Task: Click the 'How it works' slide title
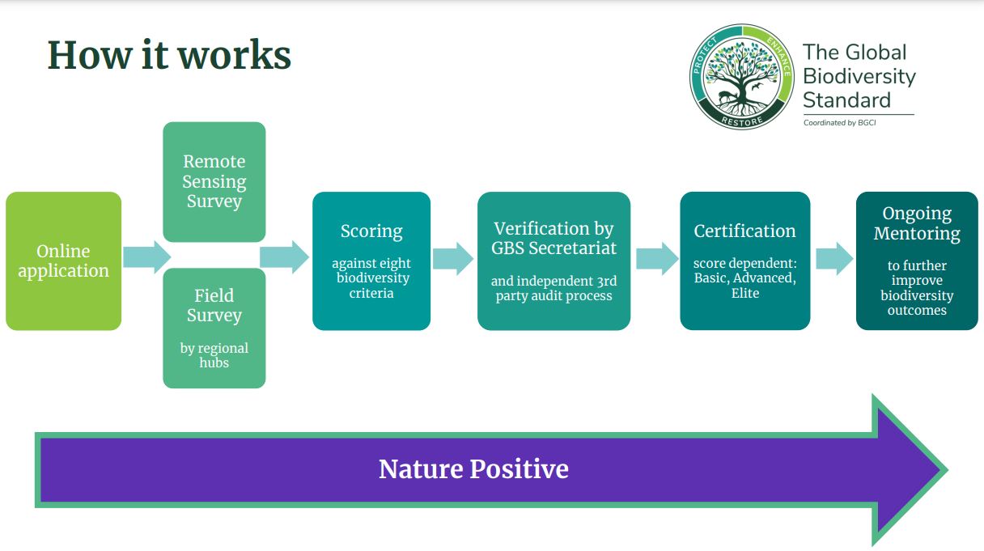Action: [x=169, y=55]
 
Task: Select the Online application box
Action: [x=64, y=261]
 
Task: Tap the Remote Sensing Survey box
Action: [x=214, y=181]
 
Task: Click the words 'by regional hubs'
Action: [x=214, y=355]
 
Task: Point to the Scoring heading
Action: [x=371, y=231]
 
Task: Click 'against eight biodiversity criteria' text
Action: [x=371, y=278]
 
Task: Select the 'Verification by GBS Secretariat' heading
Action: [x=554, y=238]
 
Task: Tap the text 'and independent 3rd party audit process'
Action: [x=554, y=288]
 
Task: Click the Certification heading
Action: [x=745, y=231]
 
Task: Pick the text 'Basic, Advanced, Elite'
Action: [x=745, y=285]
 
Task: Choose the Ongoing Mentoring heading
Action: [x=917, y=223]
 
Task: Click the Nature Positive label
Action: [x=473, y=468]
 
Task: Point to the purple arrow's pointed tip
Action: [x=948, y=470]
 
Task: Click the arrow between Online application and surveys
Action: [x=146, y=257]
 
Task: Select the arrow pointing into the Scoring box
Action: [x=284, y=257]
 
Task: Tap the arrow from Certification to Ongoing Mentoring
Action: [x=834, y=259]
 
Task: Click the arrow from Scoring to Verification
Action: [x=453, y=259]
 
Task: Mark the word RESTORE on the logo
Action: [x=742, y=121]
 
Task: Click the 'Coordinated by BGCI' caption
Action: [x=840, y=123]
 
